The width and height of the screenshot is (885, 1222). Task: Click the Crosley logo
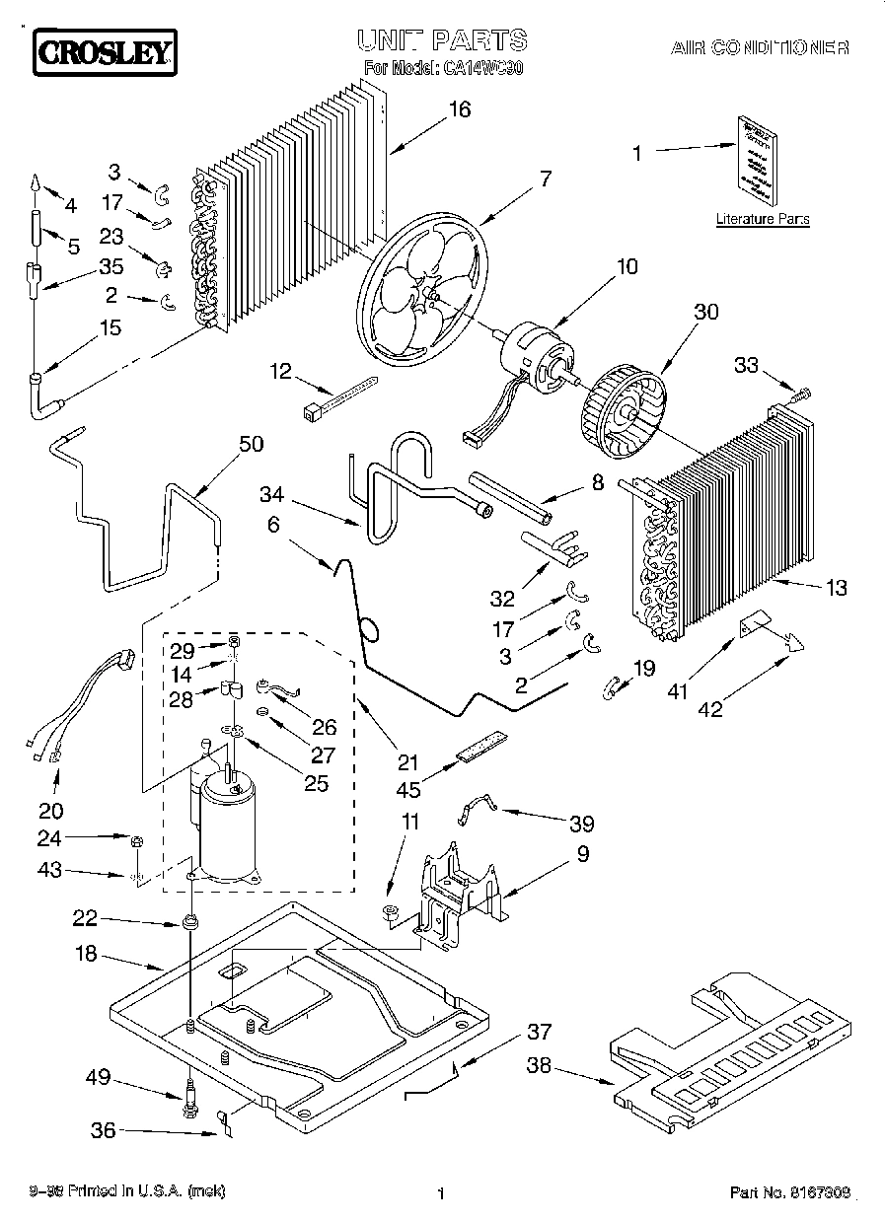pos(105,53)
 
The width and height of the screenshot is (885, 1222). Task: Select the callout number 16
pos(459,109)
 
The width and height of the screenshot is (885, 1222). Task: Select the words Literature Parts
pos(763,219)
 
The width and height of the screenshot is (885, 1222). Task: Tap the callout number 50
pos(252,444)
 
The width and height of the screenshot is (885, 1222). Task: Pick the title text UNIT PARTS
pos(441,40)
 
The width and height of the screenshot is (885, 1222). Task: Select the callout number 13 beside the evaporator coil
pos(836,589)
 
